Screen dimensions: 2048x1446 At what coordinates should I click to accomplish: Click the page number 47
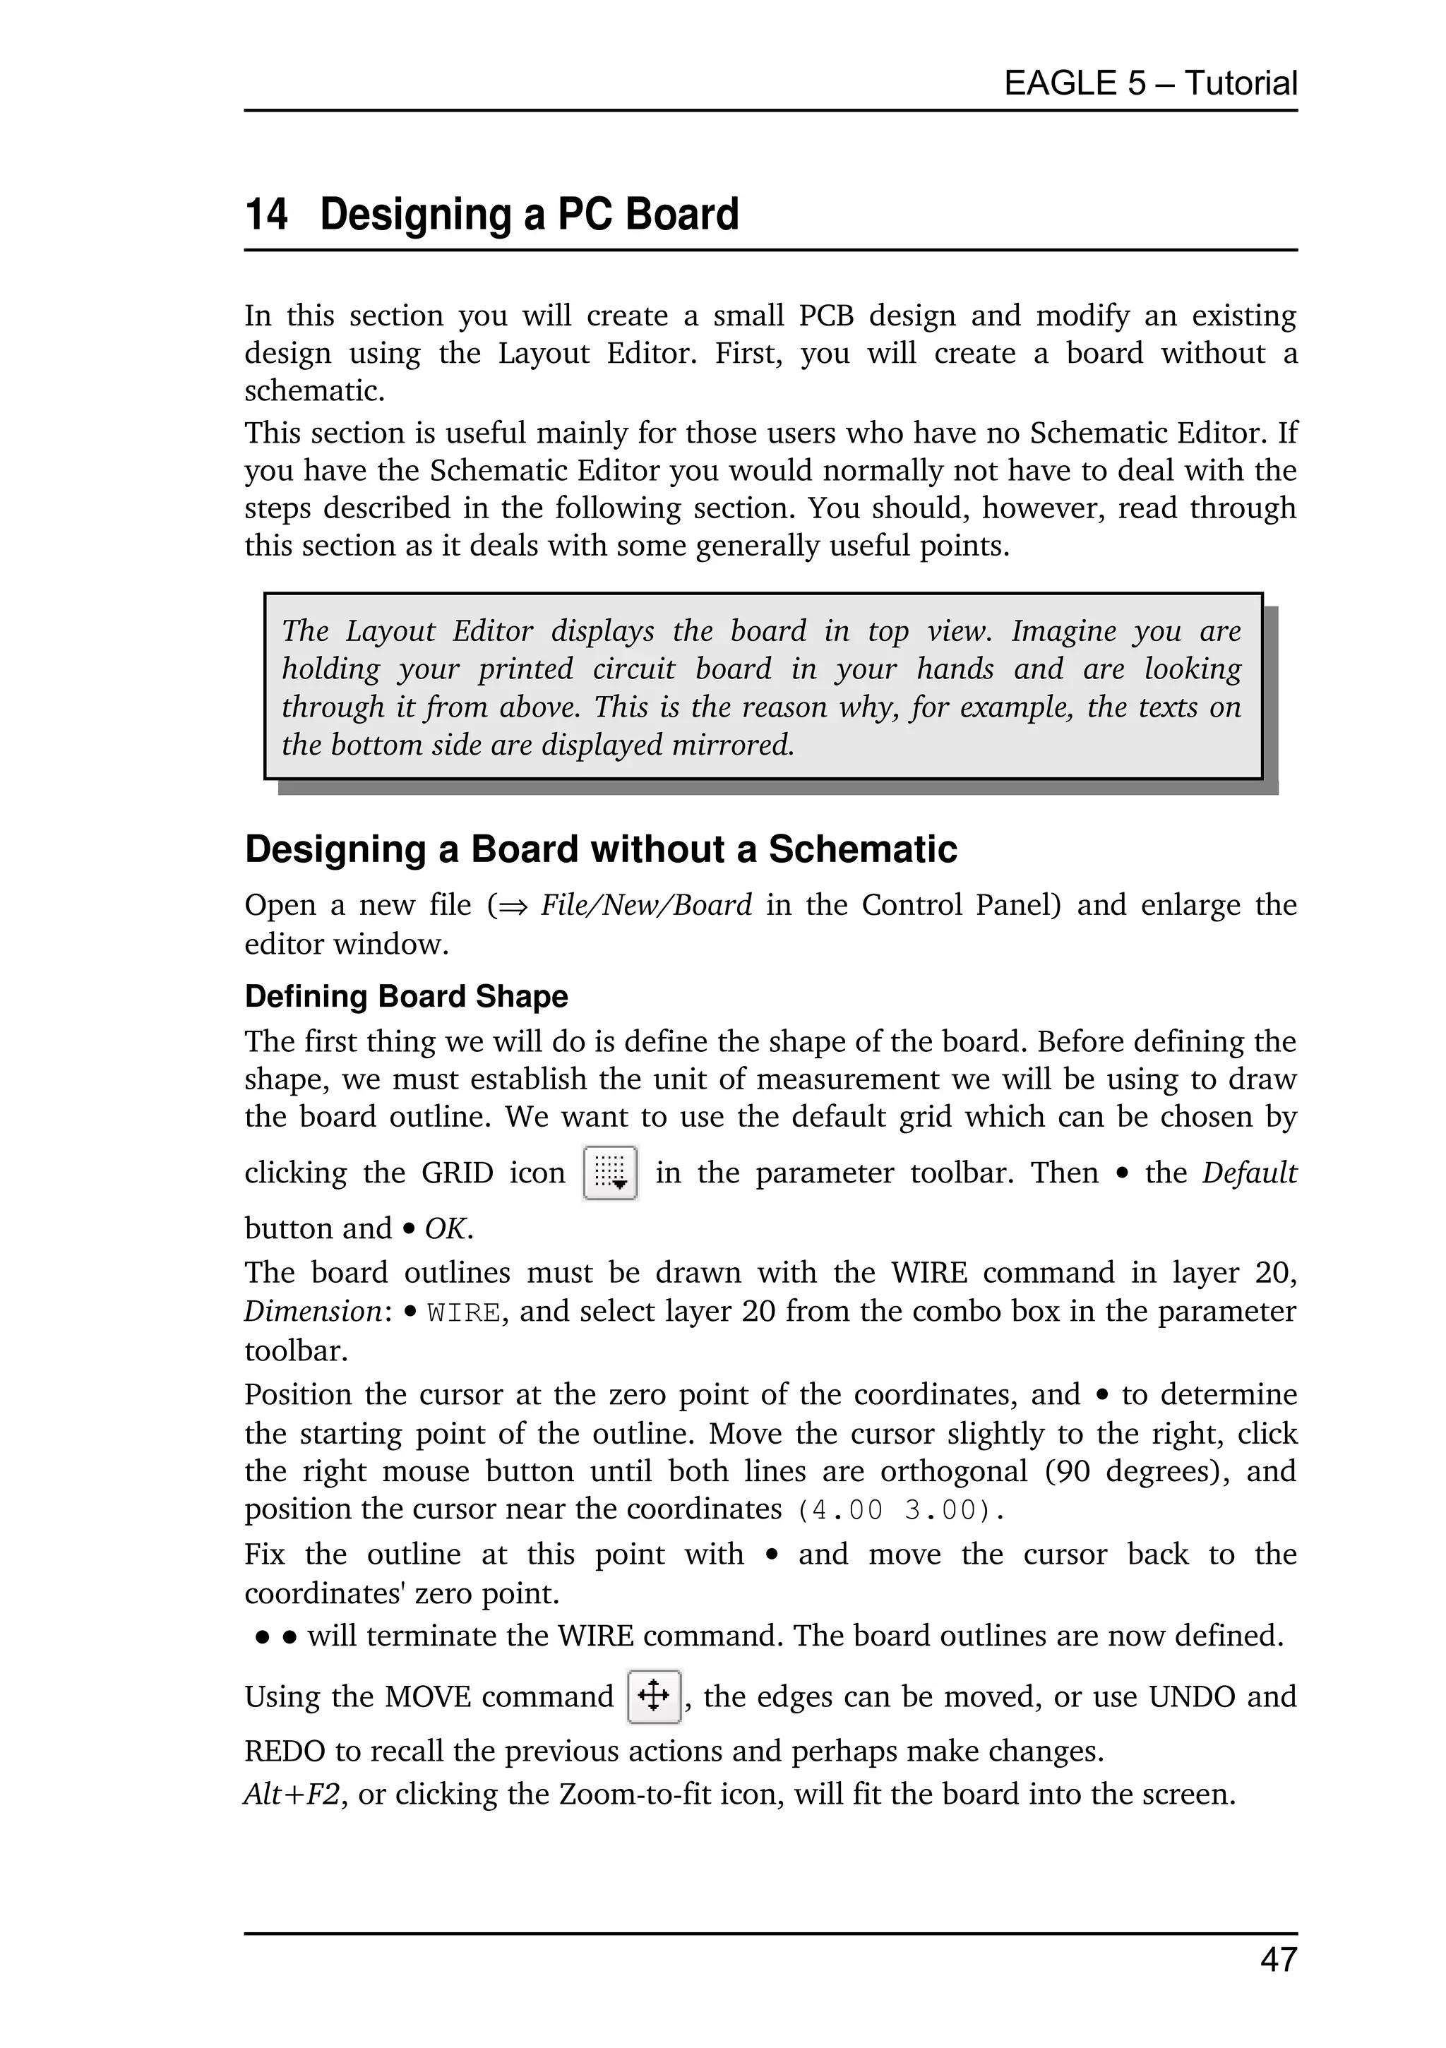[x=1278, y=1960]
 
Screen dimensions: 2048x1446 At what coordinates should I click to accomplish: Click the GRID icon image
[x=609, y=1173]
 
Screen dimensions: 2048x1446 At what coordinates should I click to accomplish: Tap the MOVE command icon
[x=654, y=1696]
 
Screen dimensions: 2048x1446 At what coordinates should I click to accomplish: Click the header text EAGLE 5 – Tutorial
[x=1150, y=83]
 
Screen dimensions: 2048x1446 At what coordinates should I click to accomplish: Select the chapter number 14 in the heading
[x=265, y=215]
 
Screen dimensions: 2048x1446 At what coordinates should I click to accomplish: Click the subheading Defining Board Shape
[x=406, y=996]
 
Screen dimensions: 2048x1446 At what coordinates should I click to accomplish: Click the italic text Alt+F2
[x=292, y=1794]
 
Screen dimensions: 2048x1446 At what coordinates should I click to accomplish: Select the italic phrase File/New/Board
[x=646, y=905]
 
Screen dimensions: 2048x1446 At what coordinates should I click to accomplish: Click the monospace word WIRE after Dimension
[x=463, y=1313]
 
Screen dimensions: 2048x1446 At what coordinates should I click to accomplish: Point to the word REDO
[x=285, y=1751]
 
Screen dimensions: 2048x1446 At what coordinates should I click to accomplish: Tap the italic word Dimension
[x=313, y=1312]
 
